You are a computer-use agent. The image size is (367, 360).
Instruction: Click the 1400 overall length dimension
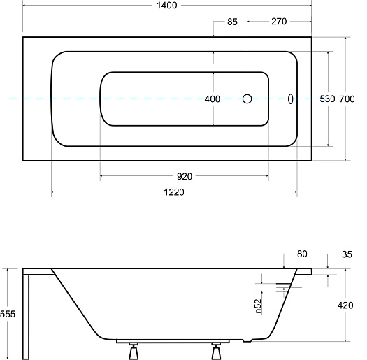point(166,6)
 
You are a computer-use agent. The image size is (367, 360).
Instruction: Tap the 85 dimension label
point(232,22)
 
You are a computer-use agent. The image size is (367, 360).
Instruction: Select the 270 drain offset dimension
point(279,22)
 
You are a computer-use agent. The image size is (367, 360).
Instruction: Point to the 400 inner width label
point(213,99)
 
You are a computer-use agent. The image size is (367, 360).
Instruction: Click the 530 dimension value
point(327,99)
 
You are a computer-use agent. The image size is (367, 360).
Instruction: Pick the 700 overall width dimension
point(347,99)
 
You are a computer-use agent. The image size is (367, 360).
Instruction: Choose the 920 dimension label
point(185,176)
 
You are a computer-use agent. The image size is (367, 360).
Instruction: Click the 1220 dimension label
point(174,192)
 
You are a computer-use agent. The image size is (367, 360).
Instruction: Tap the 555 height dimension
point(8,314)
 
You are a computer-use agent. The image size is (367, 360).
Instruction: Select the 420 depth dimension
point(345,305)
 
